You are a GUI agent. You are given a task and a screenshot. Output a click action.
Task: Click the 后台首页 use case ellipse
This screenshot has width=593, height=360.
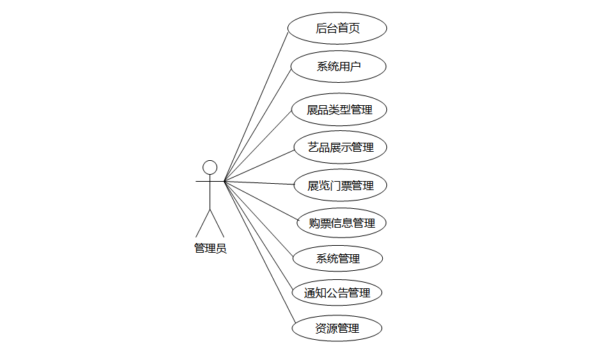(x=338, y=29)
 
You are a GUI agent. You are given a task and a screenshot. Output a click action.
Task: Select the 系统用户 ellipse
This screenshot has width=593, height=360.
(x=338, y=67)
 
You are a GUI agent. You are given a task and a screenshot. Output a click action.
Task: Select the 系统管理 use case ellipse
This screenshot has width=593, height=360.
(x=338, y=259)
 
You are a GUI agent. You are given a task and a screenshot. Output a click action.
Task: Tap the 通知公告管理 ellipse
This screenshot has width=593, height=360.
(x=338, y=293)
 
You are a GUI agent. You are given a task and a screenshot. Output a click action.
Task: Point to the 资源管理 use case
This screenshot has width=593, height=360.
(x=338, y=328)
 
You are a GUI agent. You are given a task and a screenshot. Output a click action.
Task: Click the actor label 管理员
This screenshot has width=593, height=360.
(x=209, y=249)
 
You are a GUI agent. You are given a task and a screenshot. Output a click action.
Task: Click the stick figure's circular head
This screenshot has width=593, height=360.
(x=209, y=167)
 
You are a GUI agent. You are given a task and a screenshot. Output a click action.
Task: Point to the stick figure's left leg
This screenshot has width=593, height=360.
(x=203, y=222)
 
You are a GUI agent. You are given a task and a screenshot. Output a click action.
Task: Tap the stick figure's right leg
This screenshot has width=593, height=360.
(x=217, y=222)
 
